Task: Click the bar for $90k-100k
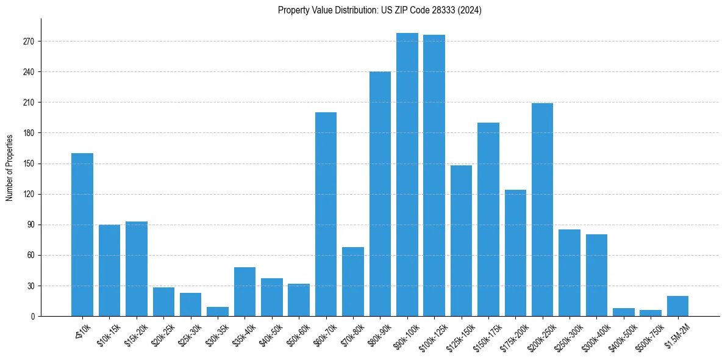(x=407, y=175)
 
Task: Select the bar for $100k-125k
(x=434, y=176)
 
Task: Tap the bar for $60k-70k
(x=326, y=214)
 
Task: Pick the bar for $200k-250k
(x=542, y=210)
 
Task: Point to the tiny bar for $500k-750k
(x=651, y=313)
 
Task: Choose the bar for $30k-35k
(x=218, y=312)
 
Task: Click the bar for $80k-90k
(x=380, y=194)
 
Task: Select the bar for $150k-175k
(x=488, y=220)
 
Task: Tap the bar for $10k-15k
(x=109, y=270)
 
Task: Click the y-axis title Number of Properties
(x=10, y=167)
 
